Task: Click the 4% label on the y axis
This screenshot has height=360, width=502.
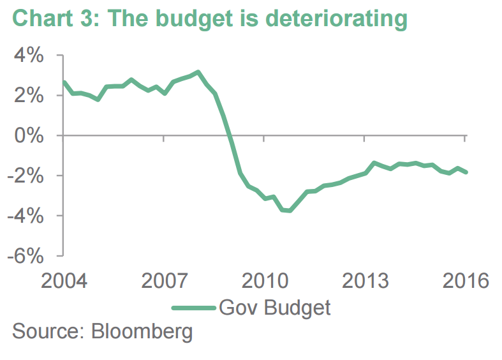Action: click(29, 56)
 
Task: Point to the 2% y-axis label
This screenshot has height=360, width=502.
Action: click(29, 96)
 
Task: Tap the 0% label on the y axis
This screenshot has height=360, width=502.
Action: click(29, 136)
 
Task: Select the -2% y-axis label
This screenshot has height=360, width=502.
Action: click(26, 176)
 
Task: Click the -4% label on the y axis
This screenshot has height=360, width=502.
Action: click(26, 216)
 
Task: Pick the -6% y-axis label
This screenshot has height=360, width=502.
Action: click(26, 256)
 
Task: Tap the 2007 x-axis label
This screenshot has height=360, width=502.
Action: click(163, 281)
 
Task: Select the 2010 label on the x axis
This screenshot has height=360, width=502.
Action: click(263, 281)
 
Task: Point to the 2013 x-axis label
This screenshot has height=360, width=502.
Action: click(364, 281)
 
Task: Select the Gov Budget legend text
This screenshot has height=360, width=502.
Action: click(275, 308)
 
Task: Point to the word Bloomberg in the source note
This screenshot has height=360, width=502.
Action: click(142, 333)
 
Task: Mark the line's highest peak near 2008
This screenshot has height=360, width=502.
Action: click(198, 72)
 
